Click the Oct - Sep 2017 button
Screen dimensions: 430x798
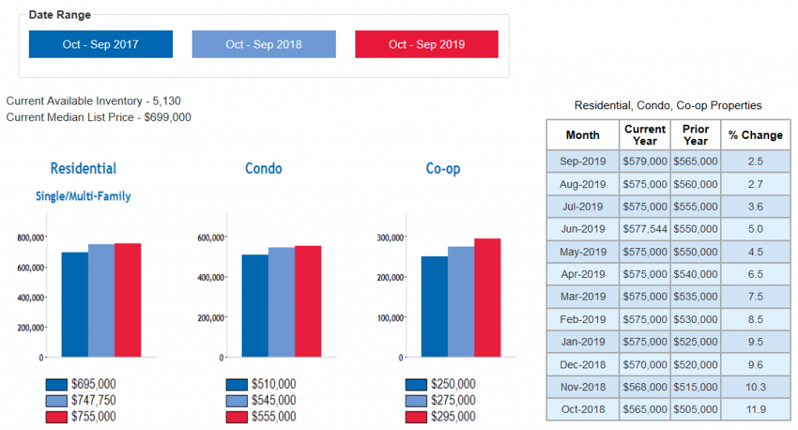pos(101,44)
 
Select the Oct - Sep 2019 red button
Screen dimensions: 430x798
pos(426,44)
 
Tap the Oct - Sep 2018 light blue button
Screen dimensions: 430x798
pos(263,44)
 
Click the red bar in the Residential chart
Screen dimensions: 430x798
pos(128,300)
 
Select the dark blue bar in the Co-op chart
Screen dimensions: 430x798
pos(434,306)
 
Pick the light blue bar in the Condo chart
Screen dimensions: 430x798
pos(281,302)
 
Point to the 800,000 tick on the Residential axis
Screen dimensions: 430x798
pos(31,237)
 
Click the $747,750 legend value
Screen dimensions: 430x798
pos(94,400)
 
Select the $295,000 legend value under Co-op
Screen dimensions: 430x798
pos(453,417)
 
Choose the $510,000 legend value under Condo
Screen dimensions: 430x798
pos(274,384)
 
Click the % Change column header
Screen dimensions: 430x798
pos(755,135)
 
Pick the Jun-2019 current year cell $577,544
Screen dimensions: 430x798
pos(645,229)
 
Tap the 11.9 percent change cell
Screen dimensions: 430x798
pos(755,409)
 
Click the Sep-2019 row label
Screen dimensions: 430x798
pos(583,162)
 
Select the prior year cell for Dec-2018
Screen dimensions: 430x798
pos(695,364)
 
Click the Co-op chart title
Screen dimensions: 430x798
pos(443,169)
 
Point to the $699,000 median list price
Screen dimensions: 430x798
pos(168,117)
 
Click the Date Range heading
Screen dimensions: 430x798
pos(59,15)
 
